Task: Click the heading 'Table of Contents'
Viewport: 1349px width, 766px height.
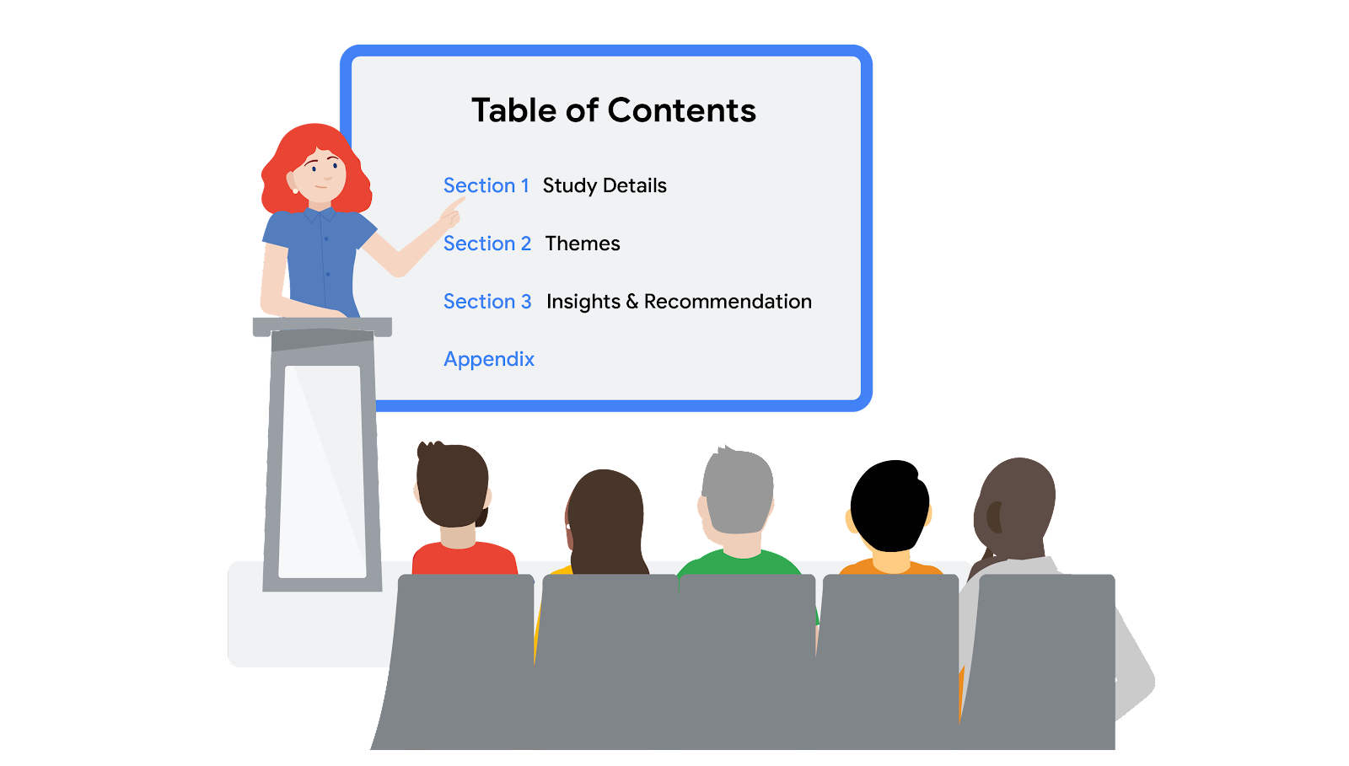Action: [613, 110]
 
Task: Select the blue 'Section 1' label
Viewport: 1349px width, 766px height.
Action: [486, 185]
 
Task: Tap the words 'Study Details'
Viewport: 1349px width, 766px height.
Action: [605, 186]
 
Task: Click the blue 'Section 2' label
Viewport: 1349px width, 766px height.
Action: [487, 243]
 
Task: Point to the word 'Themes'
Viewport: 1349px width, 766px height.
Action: [583, 243]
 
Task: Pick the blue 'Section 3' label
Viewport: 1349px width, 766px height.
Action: [487, 301]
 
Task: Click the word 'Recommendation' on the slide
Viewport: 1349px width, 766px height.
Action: [728, 301]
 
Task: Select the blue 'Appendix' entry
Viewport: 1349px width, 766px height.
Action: [489, 359]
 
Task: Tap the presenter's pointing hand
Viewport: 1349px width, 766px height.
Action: [451, 213]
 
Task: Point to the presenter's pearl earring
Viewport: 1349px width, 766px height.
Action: [295, 190]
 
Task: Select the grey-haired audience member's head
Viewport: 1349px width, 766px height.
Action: [738, 490]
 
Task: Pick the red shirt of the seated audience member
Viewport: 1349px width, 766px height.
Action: [464, 559]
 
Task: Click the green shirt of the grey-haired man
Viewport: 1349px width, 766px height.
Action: [739, 563]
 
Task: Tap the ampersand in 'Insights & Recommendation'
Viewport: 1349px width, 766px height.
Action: [632, 301]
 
